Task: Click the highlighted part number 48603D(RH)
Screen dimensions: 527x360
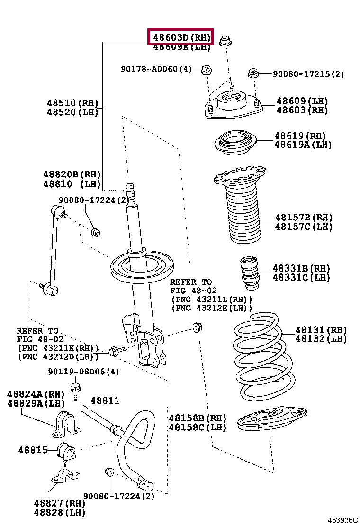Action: [180, 36]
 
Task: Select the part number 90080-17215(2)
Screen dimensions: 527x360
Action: [308, 74]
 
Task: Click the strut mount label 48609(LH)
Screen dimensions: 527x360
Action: [302, 101]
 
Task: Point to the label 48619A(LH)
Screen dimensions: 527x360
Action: [303, 145]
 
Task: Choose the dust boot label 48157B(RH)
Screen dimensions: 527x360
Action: [304, 218]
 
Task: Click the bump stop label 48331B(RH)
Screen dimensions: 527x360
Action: [301, 268]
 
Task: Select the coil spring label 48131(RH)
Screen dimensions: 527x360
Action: [321, 330]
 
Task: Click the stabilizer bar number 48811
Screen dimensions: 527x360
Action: [105, 401]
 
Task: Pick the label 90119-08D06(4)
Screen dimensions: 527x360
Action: [83, 372]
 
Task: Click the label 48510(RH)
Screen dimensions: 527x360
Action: [72, 103]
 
